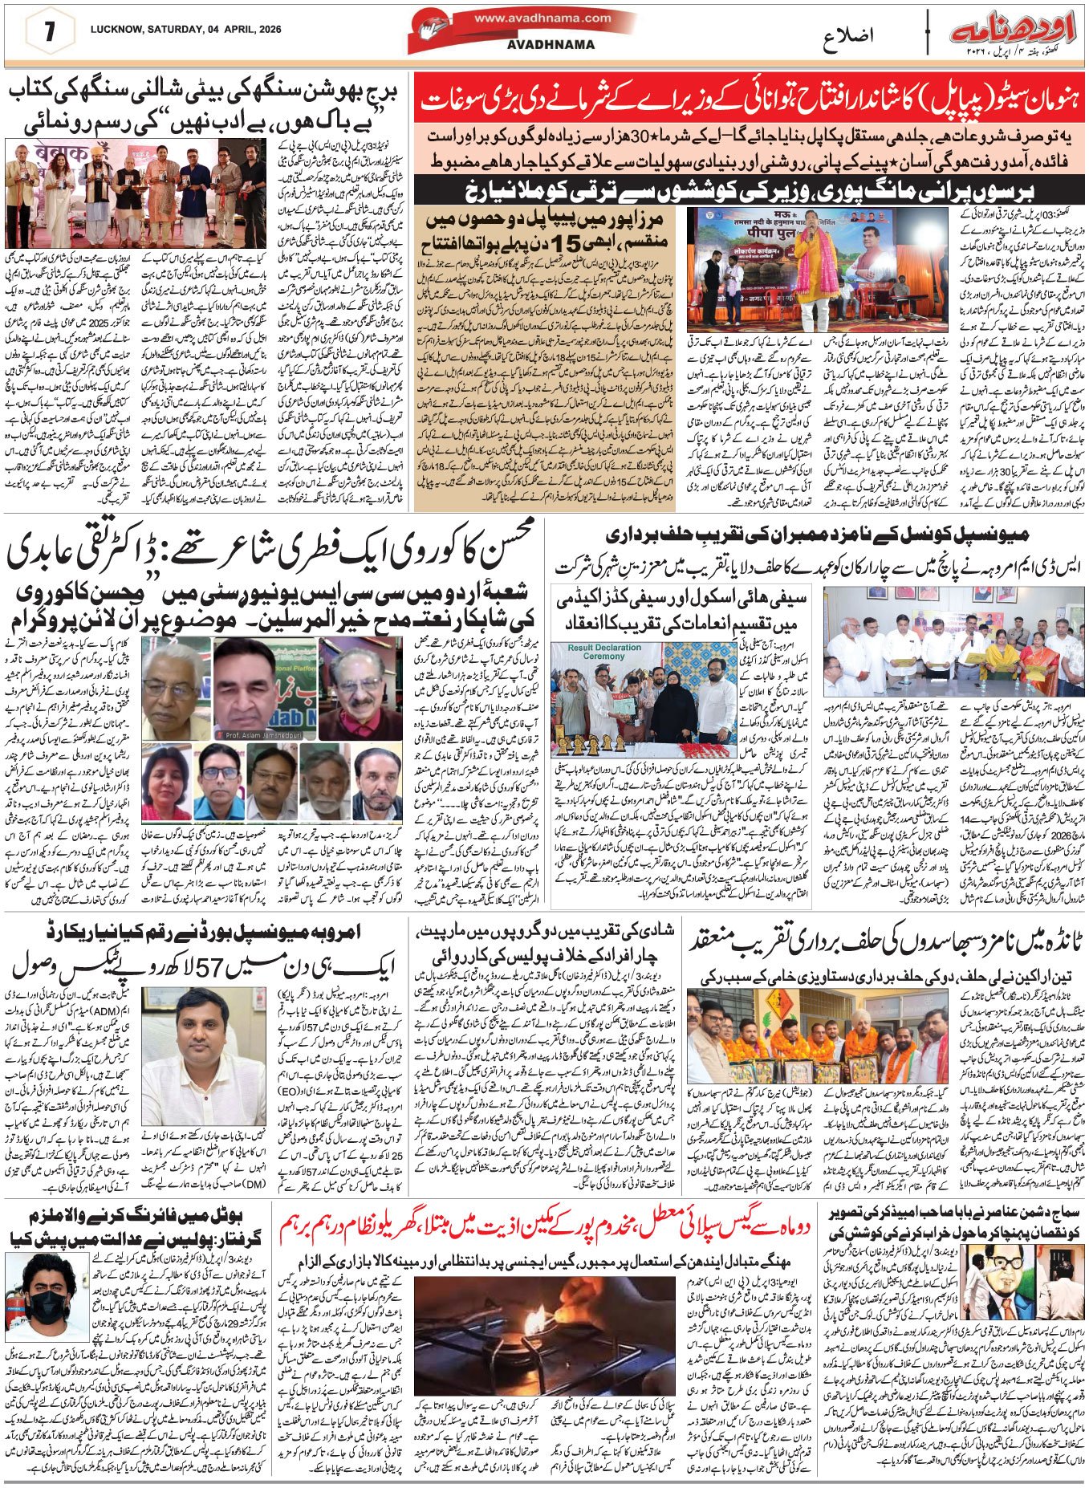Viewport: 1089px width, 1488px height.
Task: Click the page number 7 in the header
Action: (48, 32)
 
